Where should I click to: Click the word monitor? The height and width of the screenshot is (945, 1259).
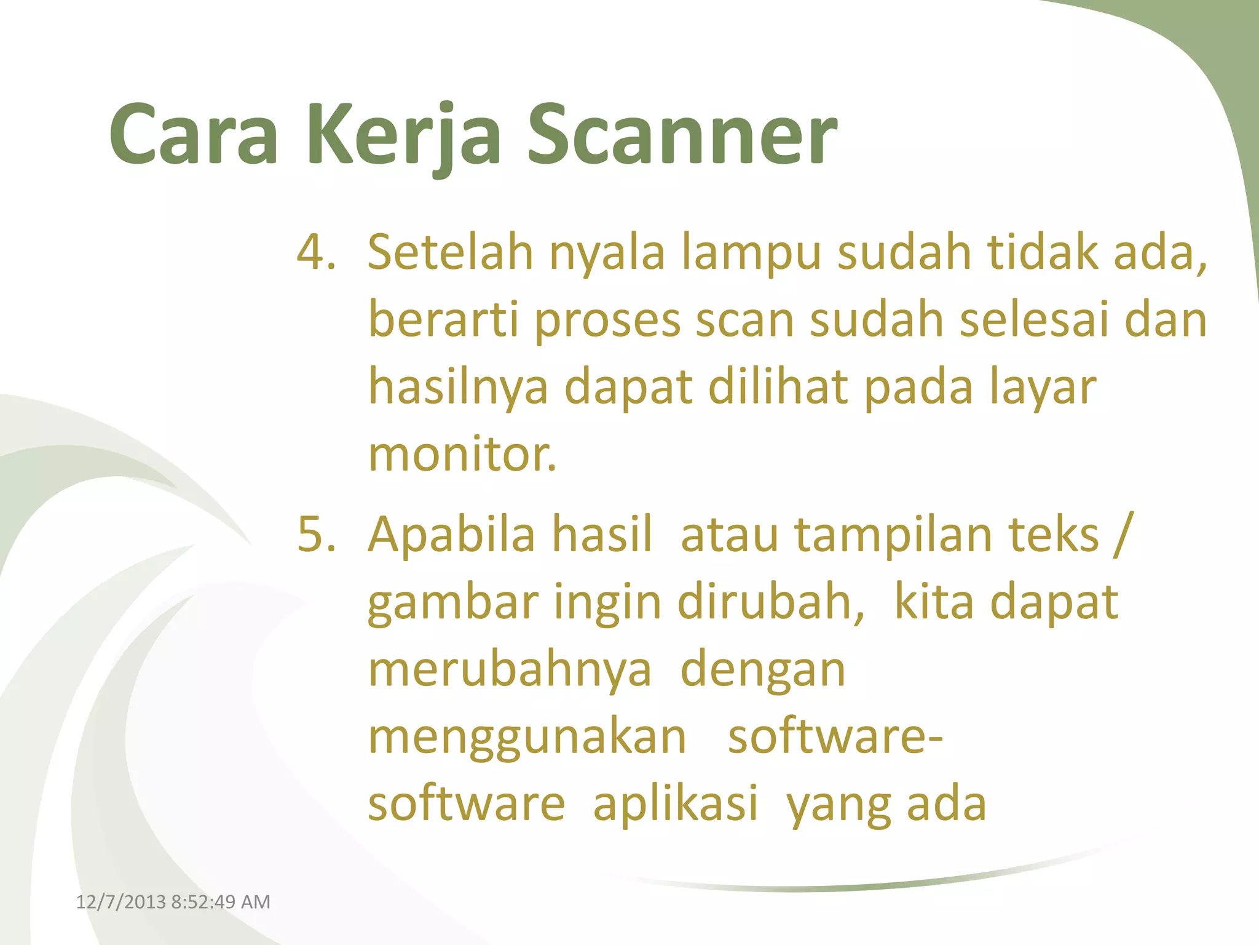point(461,455)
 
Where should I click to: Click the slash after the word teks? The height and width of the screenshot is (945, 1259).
point(1121,534)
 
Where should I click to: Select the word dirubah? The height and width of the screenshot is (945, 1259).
point(772,601)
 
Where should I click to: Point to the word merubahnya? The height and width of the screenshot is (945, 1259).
point(509,669)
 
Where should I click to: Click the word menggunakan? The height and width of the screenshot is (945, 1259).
point(527,737)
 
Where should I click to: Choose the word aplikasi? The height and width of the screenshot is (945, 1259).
point(675,805)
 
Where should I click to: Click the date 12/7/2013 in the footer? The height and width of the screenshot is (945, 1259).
point(120,902)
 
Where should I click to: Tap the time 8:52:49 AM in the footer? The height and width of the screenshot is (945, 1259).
point(220,902)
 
